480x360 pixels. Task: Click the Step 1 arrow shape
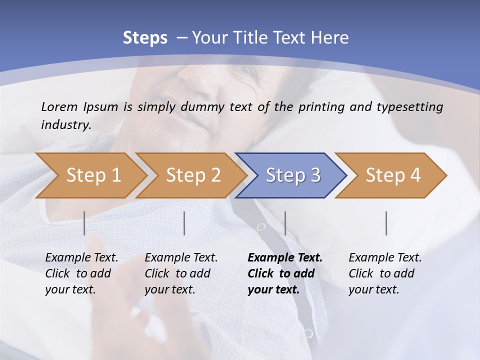tap(93, 175)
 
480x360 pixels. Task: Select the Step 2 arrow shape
tap(193, 175)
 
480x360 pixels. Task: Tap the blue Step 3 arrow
tap(293, 175)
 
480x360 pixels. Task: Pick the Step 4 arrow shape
tap(393, 175)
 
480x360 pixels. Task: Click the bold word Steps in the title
tap(145, 38)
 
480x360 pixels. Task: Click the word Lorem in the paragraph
tap(59, 106)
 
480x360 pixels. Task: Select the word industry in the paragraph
tap(65, 125)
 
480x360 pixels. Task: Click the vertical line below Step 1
tap(84, 223)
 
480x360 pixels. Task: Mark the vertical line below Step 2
tap(184, 223)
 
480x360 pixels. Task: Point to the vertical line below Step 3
tap(285, 223)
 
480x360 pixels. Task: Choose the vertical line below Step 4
tap(386, 223)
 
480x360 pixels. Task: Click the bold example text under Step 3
tap(284, 273)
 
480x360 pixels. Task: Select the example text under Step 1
tap(81, 273)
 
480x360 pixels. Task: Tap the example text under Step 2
tap(181, 273)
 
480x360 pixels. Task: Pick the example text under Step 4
tap(384, 273)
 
